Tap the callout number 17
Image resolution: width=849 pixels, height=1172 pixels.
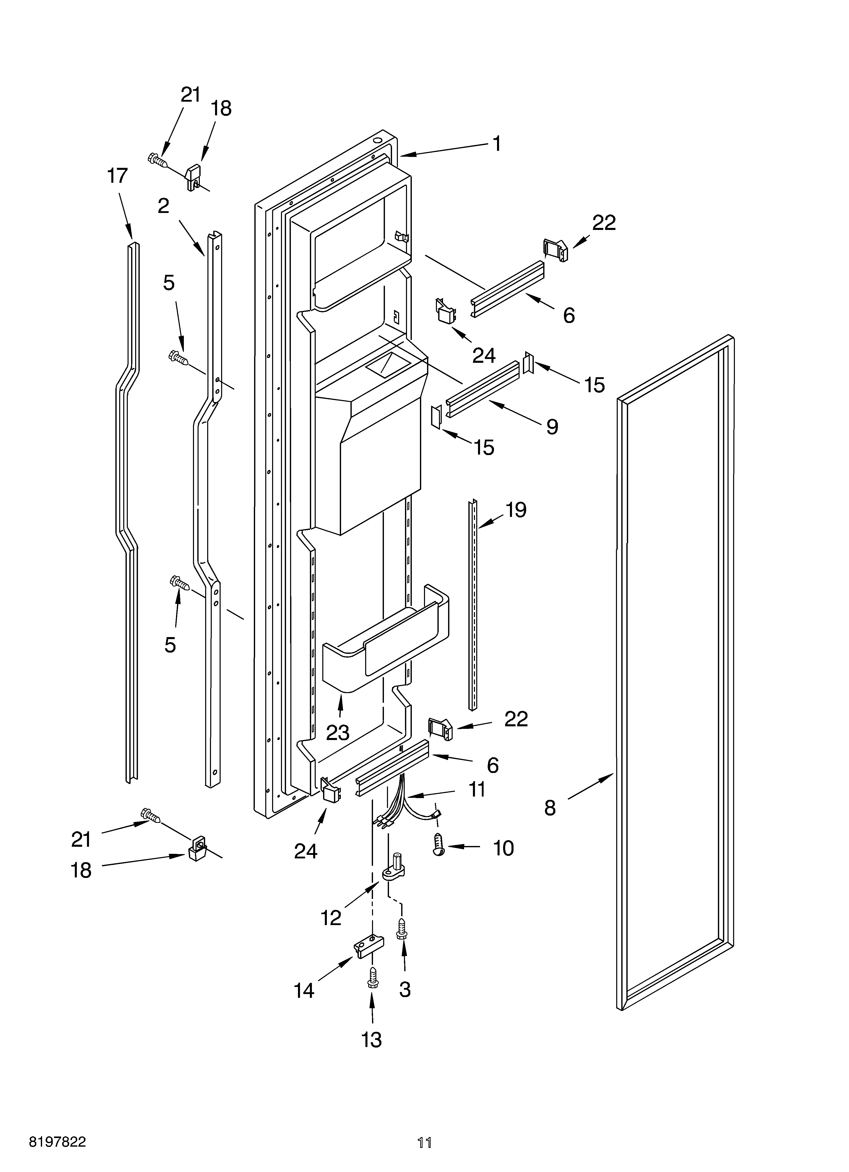pos(117,176)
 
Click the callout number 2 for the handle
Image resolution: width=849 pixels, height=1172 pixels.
pos(163,206)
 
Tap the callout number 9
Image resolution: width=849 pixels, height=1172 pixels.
pos(552,427)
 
